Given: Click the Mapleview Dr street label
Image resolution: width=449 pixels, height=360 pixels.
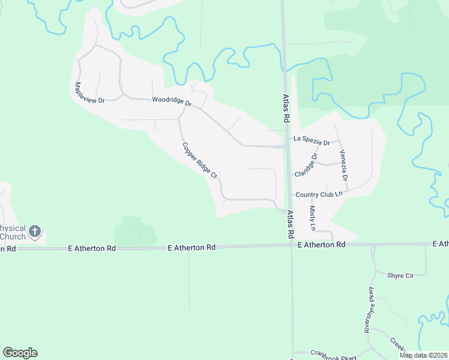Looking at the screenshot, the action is click(x=88, y=92).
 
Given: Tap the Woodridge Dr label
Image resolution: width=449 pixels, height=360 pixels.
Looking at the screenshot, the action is click(x=172, y=101).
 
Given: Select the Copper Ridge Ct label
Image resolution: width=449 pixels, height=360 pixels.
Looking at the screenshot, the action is click(x=199, y=160).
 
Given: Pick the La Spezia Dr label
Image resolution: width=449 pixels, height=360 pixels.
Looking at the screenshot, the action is click(x=312, y=140).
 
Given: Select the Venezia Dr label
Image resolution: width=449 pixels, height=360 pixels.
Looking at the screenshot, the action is click(x=344, y=166).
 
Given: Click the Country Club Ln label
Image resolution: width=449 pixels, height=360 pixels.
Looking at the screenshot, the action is click(x=319, y=194).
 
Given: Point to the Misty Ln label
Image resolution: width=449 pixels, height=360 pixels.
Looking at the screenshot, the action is click(x=312, y=218).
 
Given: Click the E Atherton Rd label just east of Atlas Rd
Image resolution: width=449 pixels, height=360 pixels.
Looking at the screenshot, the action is click(x=322, y=245).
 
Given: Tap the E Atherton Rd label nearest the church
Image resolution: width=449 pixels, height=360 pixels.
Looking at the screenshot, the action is click(x=91, y=248).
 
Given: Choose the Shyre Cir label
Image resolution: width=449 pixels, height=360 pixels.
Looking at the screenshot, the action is click(x=401, y=275).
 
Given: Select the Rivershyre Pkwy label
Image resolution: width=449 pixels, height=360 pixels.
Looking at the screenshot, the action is click(x=369, y=309).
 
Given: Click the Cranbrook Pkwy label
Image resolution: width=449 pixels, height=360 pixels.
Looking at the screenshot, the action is click(x=333, y=353).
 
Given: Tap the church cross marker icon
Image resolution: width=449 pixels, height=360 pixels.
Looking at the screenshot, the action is click(x=35, y=231).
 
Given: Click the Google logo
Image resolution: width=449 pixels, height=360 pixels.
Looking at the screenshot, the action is click(x=20, y=353).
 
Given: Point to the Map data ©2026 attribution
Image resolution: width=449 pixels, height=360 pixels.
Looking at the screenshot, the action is click(x=423, y=355).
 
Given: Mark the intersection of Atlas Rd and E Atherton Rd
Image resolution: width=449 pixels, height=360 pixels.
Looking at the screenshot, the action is click(x=291, y=244).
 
